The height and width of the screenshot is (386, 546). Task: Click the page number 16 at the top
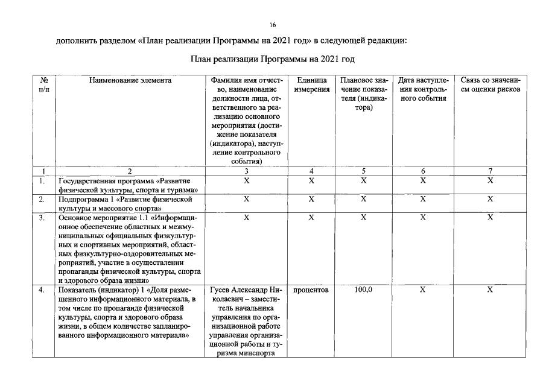[x=273, y=25]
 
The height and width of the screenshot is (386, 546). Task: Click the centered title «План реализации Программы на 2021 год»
[x=272, y=59]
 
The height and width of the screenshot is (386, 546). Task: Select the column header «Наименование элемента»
[x=130, y=80]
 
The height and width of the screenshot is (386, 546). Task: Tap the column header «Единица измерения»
[x=311, y=84]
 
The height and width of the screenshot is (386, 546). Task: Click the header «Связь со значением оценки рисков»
[x=490, y=84]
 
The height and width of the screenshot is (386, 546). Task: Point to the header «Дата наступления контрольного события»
[x=423, y=89]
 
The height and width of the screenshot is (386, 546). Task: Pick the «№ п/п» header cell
[x=43, y=84]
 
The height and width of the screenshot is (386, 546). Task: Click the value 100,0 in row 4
[x=363, y=290]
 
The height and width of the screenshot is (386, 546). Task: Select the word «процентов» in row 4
[x=311, y=290]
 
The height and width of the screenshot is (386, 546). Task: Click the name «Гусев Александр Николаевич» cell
[x=246, y=295]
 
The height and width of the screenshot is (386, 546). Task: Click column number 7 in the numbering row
[x=490, y=171]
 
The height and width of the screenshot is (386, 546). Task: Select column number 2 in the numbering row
[x=130, y=171]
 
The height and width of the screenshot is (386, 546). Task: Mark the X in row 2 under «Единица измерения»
[x=311, y=198]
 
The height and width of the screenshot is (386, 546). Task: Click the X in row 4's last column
[x=490, y=290]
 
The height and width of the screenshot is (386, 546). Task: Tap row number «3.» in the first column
[x=42, y=217]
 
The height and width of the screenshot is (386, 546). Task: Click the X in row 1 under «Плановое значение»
[x=363, y=180]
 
